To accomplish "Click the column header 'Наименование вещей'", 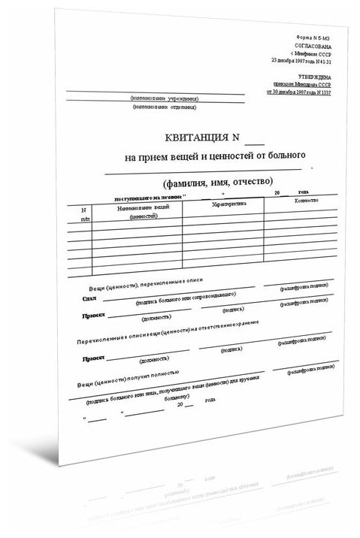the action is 138,207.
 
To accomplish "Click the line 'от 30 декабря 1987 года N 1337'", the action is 295,92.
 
